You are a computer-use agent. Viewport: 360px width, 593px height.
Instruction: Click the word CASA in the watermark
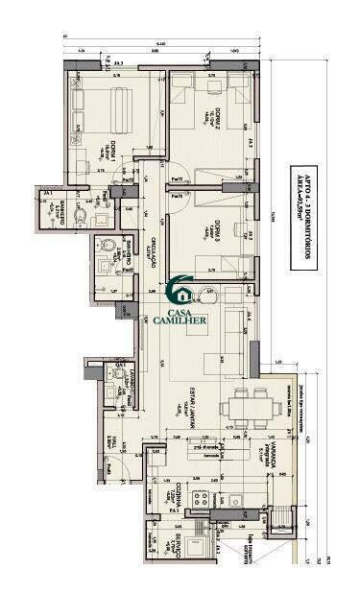coord(180,311)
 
